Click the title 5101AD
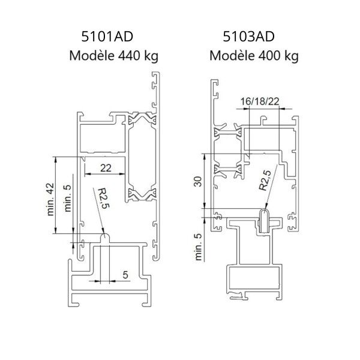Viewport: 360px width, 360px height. [x=107, y=37]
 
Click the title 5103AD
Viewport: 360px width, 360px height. [x=248, y=37]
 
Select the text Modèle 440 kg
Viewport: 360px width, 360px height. [x=114, y=56]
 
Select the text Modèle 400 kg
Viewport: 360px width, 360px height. [x=254, y=56]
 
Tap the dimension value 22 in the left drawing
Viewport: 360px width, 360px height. [x=106, y=168]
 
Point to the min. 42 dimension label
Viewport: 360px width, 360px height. [x=50, y=199]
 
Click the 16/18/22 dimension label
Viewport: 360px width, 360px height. [x=260, y=101]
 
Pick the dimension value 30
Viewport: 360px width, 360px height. [x=197, y=181]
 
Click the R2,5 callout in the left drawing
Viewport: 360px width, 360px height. [x=104, y=199]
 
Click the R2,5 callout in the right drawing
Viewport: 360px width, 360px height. [x=265, y=181]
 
